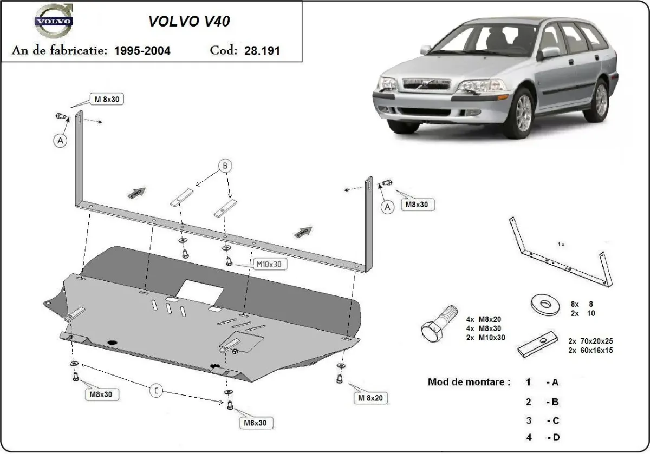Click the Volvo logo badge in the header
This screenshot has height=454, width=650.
coord(53,22)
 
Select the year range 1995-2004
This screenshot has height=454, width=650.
coord(142,51)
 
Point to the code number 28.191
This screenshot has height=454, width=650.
coord(262,51)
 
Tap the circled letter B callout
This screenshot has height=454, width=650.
coord(225,166)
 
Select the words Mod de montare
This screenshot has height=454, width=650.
coord(469,382)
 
